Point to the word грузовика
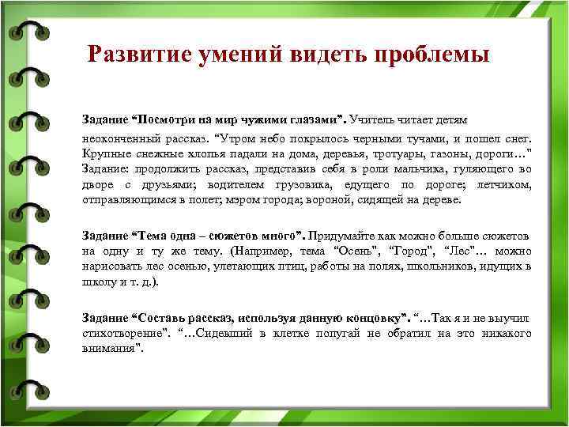coord(287,184)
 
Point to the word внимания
coord(110,349)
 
